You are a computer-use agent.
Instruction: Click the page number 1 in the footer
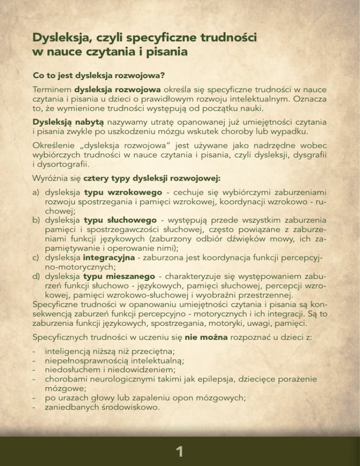pos(180,451)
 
